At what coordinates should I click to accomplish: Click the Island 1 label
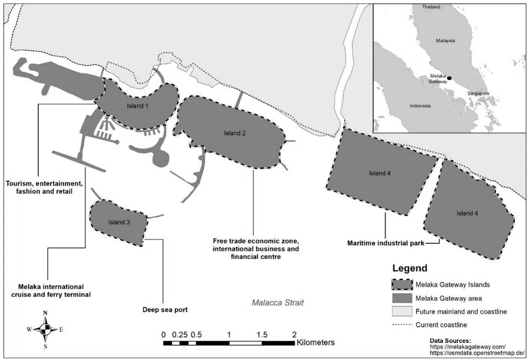pyautogui.click(x=138, y=106)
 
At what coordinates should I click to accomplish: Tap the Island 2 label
pyautogui.click(x=234, y=133)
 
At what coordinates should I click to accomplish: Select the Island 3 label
pyautogui.click(x=120, y=222)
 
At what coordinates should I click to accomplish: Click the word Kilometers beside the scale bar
pyautogui.click(x=316, y=342)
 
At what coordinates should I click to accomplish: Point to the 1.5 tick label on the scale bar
pyautogui.click(x=261, y=334)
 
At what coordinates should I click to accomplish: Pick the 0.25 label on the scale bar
pyautogui.click(x=179, y=334)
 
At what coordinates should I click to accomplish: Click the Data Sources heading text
pyautogui.click(x=450, y=341)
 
